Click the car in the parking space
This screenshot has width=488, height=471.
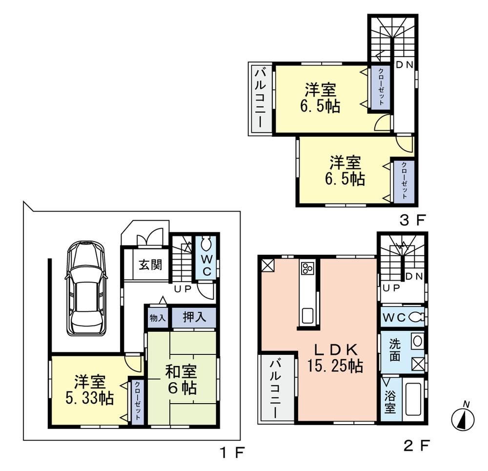pyautogui.click(x=86, y=288)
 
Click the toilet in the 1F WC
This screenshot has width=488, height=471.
pyautogui.click(x=206, y=244)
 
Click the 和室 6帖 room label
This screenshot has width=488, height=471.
pyautogui.click(x=181, y=379)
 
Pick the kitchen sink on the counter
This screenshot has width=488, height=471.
pyautogui.click(x=309, y=315)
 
